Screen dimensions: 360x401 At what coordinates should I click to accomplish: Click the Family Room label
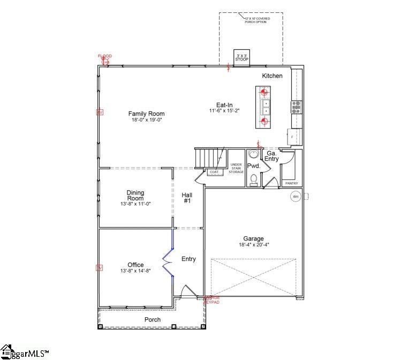click(146, 114)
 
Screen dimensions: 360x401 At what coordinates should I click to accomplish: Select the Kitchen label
click(272, 76)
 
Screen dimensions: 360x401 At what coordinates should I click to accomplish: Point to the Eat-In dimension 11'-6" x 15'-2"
click(224, 111)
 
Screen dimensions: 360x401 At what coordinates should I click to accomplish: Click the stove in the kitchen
click(297, 106)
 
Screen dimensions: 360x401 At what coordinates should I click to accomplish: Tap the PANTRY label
click(291, 183)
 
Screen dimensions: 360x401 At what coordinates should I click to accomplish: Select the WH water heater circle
click(295, 197)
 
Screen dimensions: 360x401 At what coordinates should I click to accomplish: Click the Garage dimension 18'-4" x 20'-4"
click(254, 245)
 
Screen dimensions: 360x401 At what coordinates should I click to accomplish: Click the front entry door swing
click(188, 292)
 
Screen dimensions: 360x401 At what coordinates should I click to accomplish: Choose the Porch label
click(153, 320)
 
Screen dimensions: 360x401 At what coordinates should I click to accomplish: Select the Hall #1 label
click(187, 198)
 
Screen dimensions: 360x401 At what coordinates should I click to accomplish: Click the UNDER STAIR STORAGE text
click(236, 168)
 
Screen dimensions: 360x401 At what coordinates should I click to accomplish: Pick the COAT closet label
click(214, 172)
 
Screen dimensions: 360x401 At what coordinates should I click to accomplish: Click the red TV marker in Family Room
click(99, 112)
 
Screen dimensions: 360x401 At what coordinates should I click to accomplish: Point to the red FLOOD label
click(105, 56)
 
